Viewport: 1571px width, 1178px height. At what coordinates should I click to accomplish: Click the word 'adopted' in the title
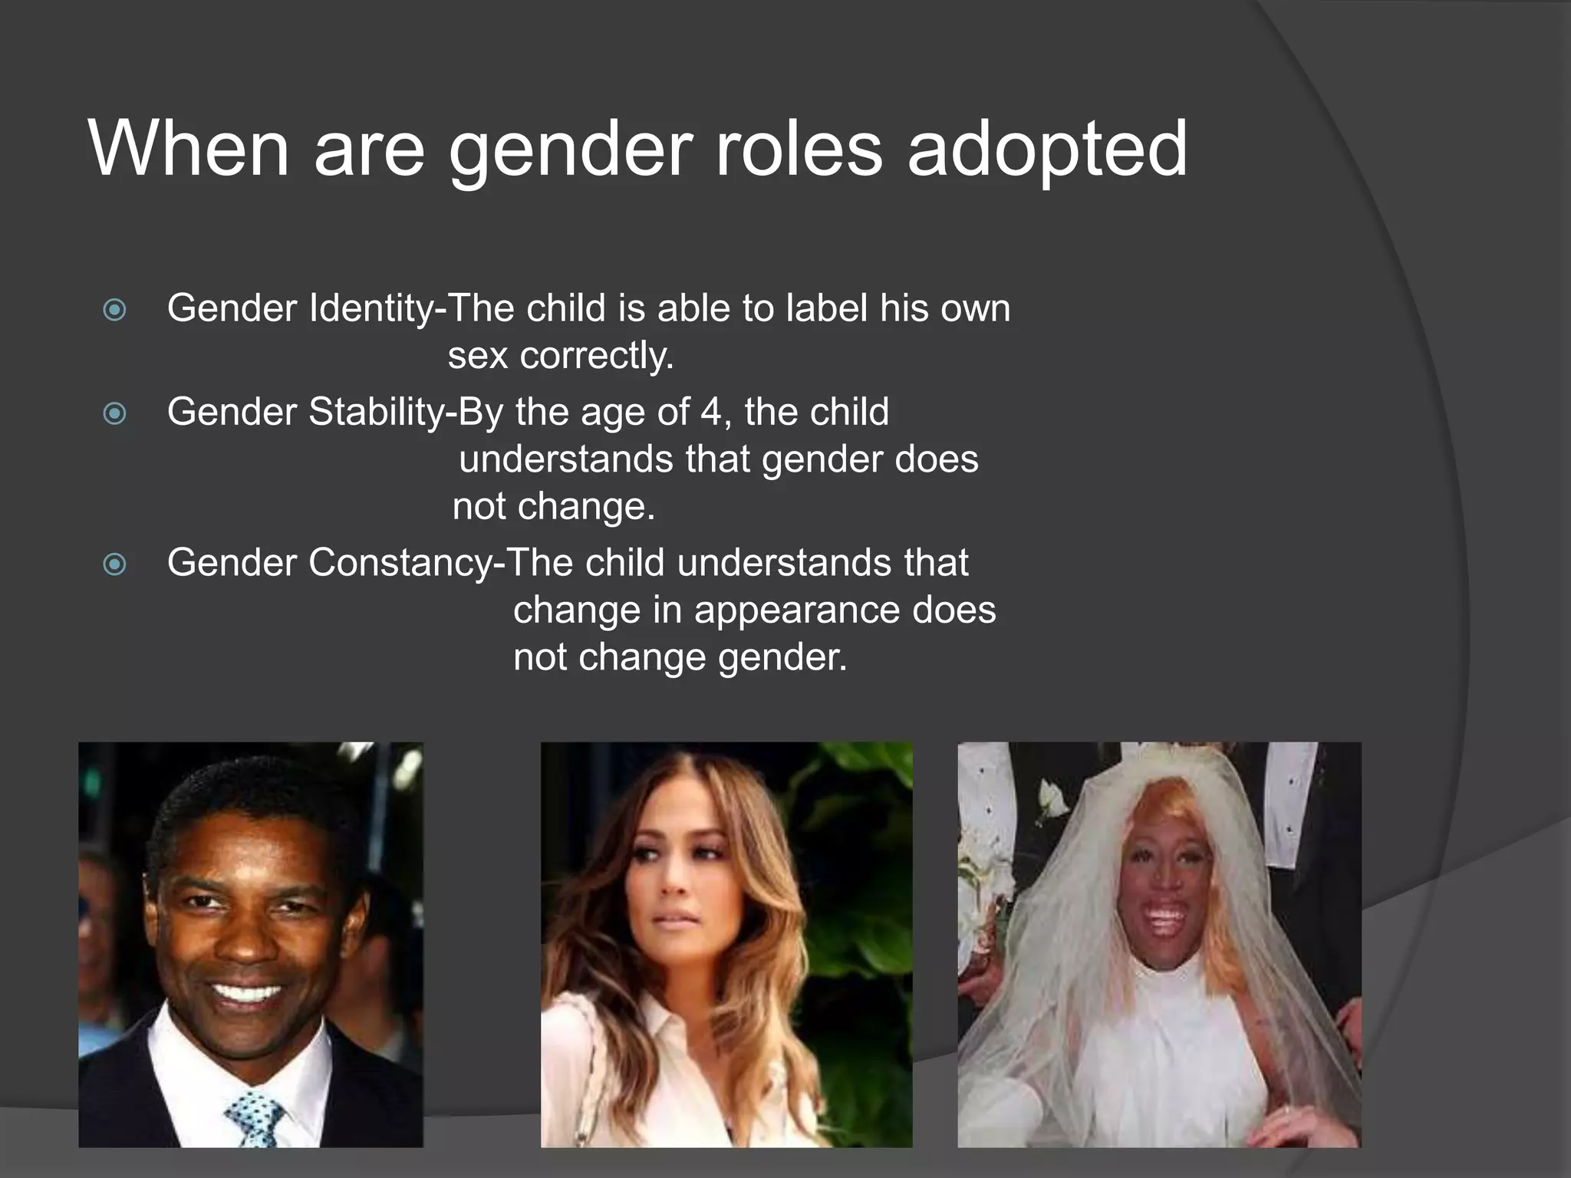pos(1047,150)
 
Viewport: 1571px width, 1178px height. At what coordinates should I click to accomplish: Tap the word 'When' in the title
pos(189,150)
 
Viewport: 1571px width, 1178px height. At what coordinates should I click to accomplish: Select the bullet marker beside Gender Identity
pos(114,310)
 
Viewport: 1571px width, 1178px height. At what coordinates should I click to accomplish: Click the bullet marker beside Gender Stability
pos(114,414)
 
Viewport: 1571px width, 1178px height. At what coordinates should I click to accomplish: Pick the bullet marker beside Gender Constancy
pos(114,565)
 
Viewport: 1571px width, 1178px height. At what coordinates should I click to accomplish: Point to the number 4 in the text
pos(710,412)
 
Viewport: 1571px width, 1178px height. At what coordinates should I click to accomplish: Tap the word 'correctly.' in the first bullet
pos(597,356)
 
